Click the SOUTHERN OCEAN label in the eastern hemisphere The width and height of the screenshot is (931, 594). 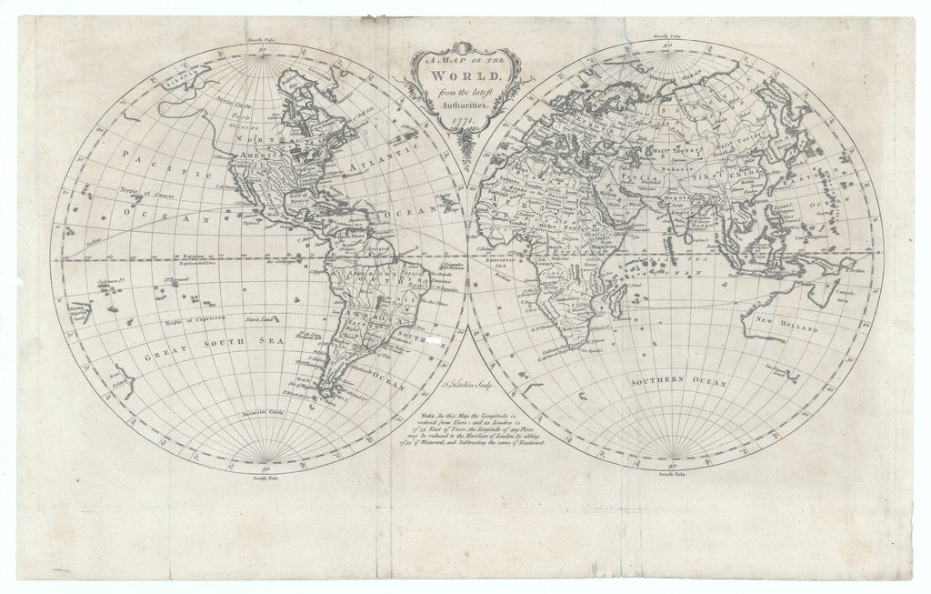point(678,384)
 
